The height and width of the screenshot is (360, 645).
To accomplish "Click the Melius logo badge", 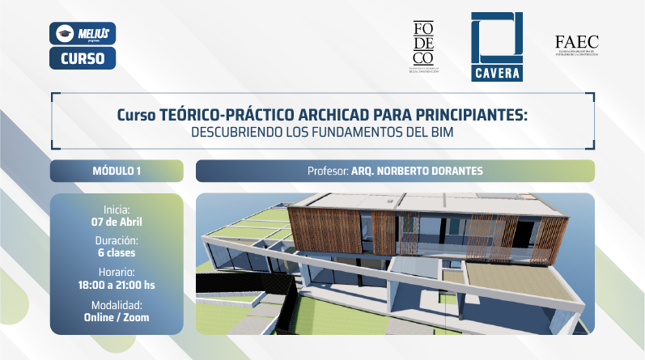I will coord(83,33).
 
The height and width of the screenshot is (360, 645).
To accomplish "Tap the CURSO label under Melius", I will coord(83,57).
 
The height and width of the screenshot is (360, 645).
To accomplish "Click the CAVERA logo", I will coord(497,48).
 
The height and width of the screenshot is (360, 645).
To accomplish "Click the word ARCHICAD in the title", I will coord(308,116).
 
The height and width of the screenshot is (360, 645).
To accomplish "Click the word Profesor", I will coord(327,172).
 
